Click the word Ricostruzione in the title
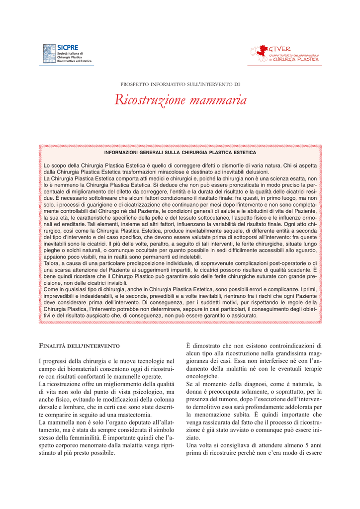coord(149,100)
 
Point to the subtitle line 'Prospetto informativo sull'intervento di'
coord(180,85)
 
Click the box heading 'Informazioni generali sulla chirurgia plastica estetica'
coord(180,153)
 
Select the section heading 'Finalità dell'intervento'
coord(79,345)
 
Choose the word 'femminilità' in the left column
coord(114,437)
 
